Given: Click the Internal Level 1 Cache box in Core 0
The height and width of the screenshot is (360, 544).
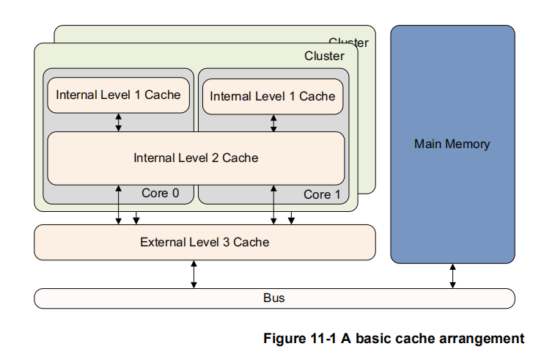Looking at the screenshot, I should [118, 95].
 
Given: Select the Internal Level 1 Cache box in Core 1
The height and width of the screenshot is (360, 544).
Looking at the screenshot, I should [272, 96].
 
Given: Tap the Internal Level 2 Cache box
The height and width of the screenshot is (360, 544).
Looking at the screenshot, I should [196, 158].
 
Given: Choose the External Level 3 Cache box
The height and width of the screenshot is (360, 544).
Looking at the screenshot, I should [205, 242].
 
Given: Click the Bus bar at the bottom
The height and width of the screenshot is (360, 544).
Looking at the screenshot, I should [274, 298].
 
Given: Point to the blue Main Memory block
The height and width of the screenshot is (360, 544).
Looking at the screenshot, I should [452, 144].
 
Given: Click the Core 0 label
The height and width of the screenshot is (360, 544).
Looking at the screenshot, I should [160, 194].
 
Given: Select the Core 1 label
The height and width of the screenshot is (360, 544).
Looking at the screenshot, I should [322, 194].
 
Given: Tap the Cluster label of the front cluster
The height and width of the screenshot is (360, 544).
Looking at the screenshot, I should [324, 56].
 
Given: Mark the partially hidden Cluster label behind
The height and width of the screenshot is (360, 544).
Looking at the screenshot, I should [349, 43].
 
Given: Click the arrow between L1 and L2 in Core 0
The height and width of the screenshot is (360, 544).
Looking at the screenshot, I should [119, 122].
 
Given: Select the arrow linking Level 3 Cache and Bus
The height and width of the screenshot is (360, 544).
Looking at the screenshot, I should [194, 274].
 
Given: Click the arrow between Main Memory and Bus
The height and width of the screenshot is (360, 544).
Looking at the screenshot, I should [452, 276].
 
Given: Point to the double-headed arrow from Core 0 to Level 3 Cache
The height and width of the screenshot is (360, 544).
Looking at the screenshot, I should [119, 205].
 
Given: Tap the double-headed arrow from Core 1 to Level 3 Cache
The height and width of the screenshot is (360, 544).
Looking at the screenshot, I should [273, 205].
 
